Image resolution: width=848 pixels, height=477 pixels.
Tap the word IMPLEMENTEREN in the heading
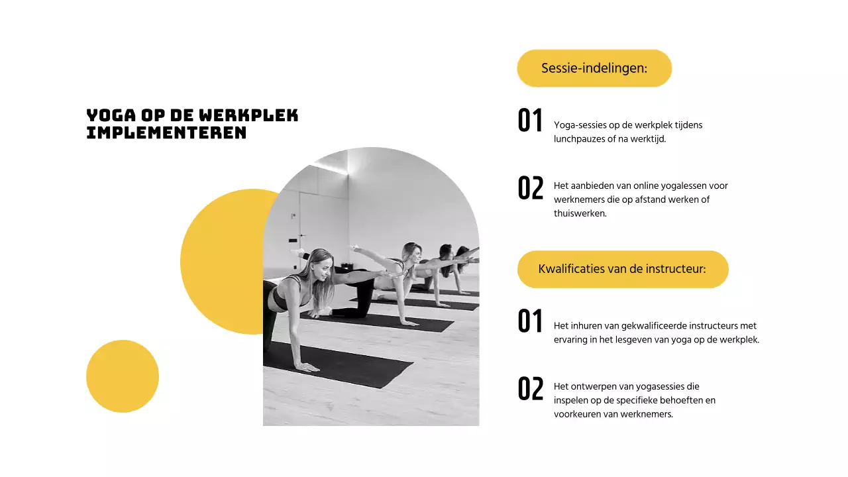[166, 133]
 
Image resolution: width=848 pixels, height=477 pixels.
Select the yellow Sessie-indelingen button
[594, 68]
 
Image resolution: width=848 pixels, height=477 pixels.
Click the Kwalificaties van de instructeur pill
[622, 269]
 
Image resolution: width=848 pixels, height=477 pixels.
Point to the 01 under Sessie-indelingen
[530, 121]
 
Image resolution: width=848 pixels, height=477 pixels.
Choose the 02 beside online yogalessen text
[530, 189]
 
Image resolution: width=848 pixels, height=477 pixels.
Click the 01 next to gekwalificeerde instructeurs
[530, 322]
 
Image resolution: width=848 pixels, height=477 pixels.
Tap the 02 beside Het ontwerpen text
[530, 390]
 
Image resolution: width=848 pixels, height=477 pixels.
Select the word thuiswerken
[580, 213]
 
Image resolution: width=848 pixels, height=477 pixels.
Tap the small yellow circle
[123, 376]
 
